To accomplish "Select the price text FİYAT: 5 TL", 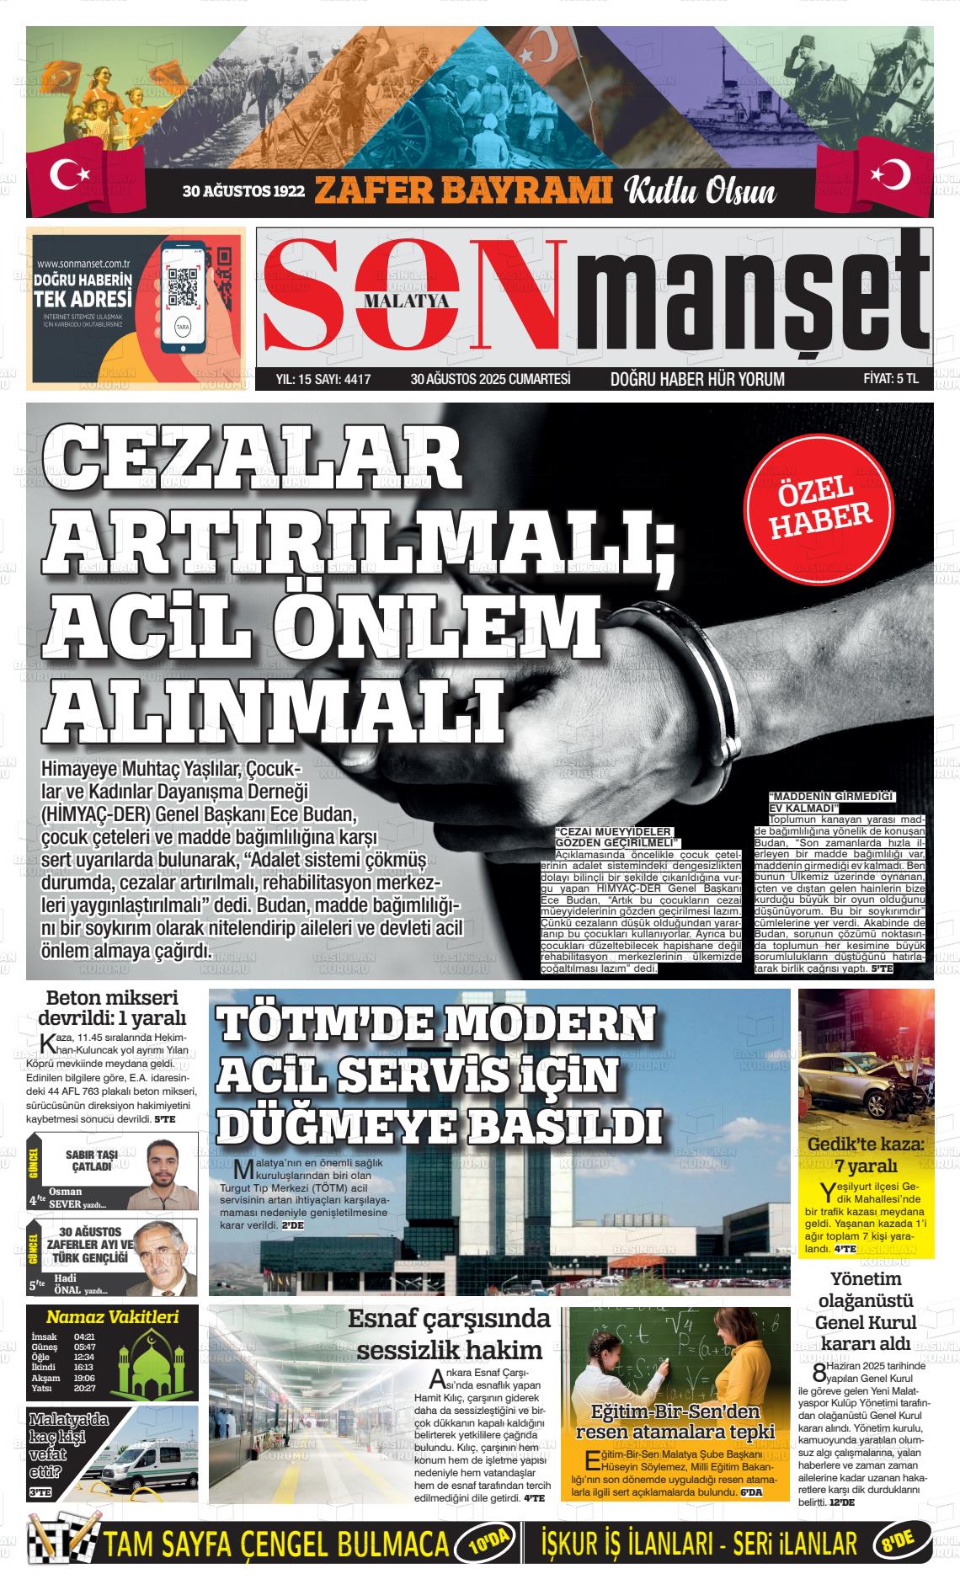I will click(891, 379).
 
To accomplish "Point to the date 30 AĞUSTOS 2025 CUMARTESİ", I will click(490, 379).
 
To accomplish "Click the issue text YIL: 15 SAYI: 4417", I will click(323, 379).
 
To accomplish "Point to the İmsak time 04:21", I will click(84, 1337).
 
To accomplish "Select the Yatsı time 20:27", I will click(84, 1388).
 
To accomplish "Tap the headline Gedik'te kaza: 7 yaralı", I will click(866, 1155).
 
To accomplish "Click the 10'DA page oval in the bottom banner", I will click(483, 1544).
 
